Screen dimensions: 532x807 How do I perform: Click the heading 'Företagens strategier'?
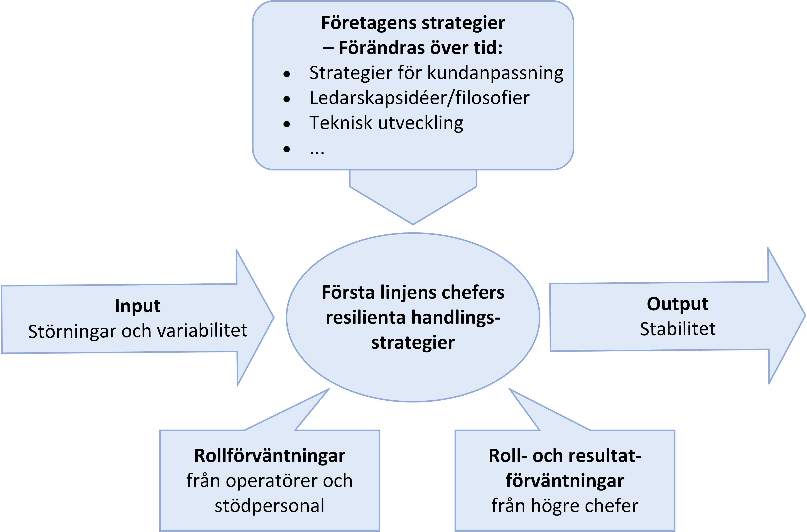pyautogui.click(x=413, y=23)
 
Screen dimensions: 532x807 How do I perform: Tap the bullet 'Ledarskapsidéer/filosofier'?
pyautogui.click(x=419, y=98)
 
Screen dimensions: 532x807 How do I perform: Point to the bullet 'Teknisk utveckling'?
pyautogui.click(x=386, y=123)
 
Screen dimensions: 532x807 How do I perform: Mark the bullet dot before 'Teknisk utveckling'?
pyautogui.click(x=287, y=124)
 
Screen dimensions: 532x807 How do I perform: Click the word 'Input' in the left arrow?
pyautogui.click(x=137, y=306)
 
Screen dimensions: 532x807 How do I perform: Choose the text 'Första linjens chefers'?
pyautogui.click(x=413, y=292)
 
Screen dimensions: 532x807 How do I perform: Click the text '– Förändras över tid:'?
pyautogui.click(x=413, y=48)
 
